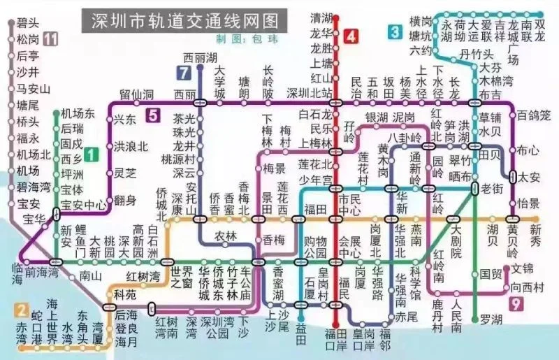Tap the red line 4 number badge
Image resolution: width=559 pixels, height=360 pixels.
pyautogui.click(x=350, y=36)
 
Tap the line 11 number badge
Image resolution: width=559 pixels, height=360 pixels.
pyautogui.click(x=50, y=38)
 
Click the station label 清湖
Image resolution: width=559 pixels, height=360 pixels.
pyautogui.click(x=321, y=17)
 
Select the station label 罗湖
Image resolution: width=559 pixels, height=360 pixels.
pyautogui.click(x=491, y=319)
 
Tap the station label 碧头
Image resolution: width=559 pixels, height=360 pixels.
pyautogui.click(x=28, y=23)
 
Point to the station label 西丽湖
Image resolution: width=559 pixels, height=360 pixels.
pyautogui.click(x=200, y=57)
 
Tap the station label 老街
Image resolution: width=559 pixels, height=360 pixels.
pyautogui.click(x=491, y=189)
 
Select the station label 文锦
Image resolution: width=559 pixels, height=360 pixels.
pyautogui.click(x=522, y=269)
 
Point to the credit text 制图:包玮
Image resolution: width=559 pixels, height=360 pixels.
pyautogui.click(x=241, y=39)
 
